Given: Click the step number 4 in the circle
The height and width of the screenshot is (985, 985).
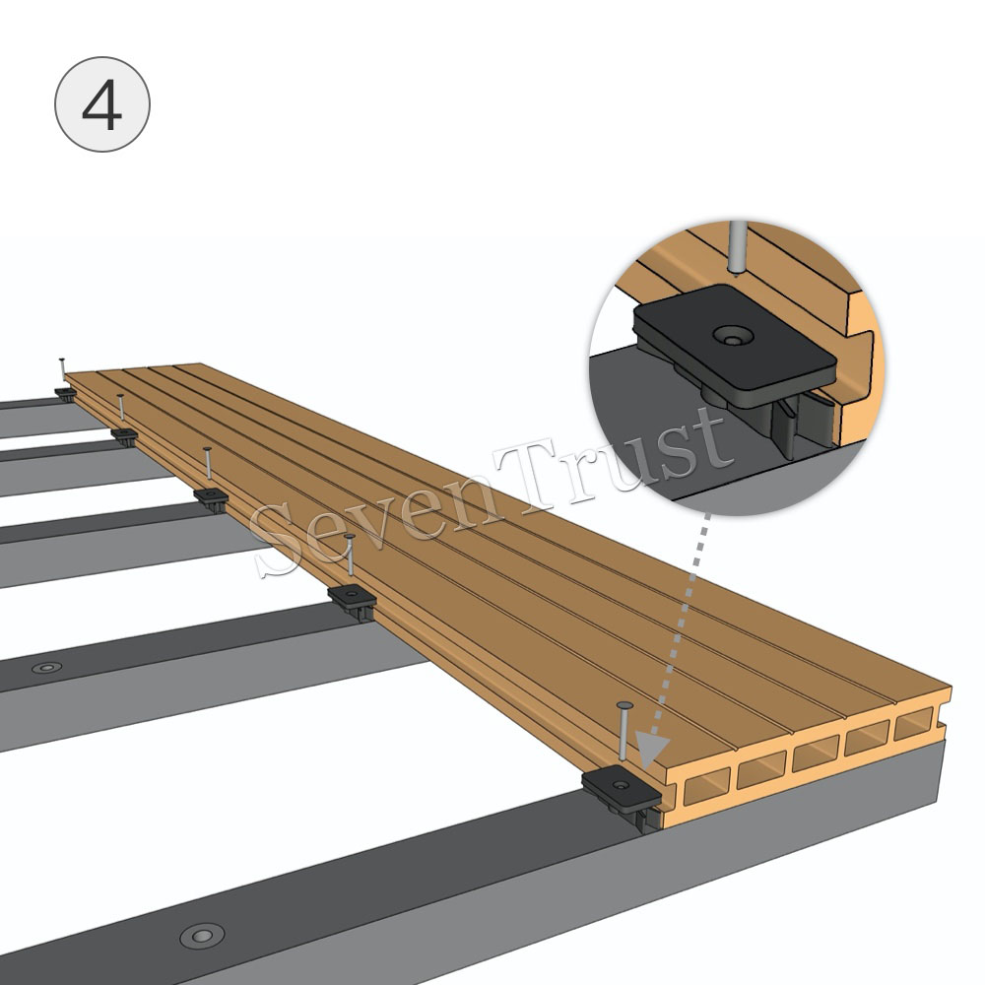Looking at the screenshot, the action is (101, 106).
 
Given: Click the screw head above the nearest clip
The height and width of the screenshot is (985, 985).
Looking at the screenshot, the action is (624, 706).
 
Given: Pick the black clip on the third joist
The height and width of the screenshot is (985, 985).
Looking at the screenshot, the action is (211, 497).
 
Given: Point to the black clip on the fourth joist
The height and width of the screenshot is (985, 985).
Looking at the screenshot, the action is (124, 434).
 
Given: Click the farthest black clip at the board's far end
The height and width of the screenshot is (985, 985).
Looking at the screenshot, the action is (65, 394).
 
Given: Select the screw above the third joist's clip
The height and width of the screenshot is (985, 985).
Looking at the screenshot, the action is (207, 465).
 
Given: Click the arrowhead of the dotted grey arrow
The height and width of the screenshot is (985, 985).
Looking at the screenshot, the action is (653, 750).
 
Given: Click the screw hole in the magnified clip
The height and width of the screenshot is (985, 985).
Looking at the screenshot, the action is (731, 336).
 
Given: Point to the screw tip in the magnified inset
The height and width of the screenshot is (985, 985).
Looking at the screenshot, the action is (735, 269).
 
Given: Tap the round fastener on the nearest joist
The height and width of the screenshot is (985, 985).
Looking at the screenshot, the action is (202, 936).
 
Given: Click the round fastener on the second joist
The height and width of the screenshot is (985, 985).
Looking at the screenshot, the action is (47, 667).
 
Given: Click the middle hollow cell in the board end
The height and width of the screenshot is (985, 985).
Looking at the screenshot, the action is (816, 754).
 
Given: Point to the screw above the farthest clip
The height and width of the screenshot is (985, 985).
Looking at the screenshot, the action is (61, 369).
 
